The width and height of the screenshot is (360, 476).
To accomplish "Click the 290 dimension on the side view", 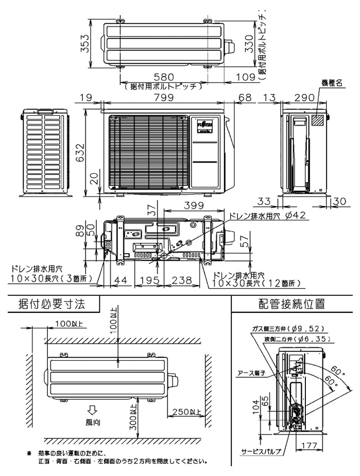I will tap(304, 97).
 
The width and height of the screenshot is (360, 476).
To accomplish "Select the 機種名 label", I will tap(332, 83).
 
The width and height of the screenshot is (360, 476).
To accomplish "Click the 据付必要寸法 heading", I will tap(51, 304).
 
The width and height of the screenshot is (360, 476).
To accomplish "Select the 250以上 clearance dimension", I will tap(185, 413).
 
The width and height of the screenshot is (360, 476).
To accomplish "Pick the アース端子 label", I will tap(251, 374).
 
